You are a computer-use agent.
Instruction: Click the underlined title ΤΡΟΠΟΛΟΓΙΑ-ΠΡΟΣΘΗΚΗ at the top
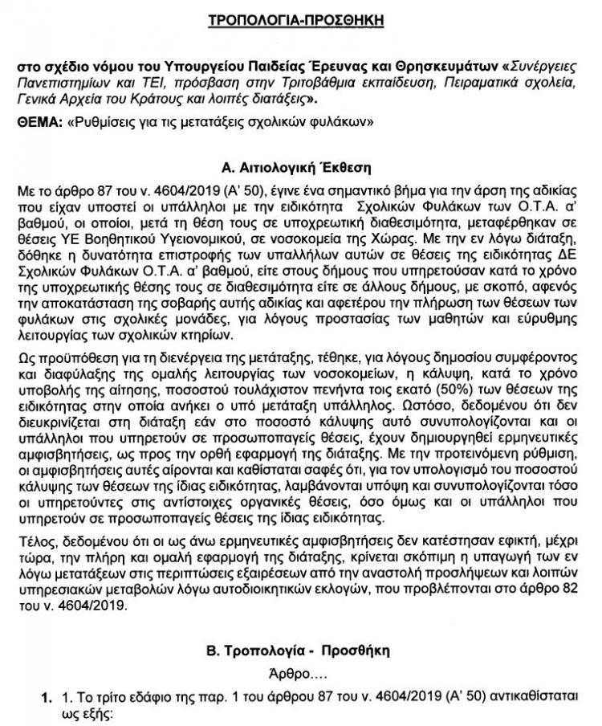301,18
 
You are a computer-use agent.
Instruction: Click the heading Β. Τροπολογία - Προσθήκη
301,647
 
